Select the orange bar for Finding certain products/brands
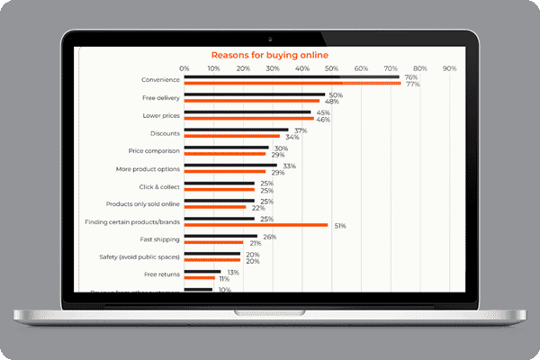(256, 225)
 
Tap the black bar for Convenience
(292, 76)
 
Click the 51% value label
(340, 225)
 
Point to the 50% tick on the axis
(331, 67)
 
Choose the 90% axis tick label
(449, 67)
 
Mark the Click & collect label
(159, 186)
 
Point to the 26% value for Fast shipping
(269, 237)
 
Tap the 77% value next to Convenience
(412, 84)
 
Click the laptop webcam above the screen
(270, 40)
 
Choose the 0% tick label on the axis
(184, 67)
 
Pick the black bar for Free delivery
(255, 94)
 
